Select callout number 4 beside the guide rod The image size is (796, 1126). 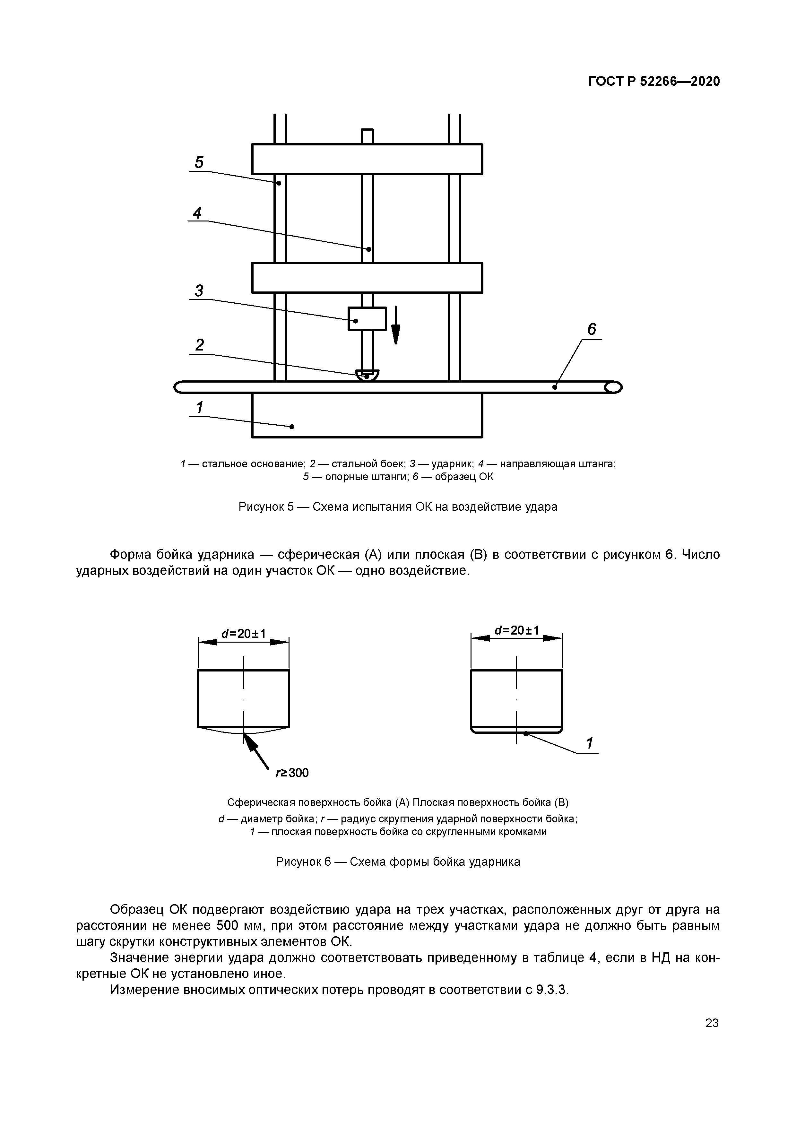(197, 213)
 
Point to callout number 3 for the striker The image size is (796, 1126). (199, 291)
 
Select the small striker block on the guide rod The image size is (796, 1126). (367, 318)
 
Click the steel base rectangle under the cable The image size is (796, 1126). (367, 415)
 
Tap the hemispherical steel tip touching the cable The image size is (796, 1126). (367, 376)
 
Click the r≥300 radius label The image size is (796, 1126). (292, 773)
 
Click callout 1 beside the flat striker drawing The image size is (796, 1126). (590, 743)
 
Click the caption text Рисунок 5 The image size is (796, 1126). (265, 507)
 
